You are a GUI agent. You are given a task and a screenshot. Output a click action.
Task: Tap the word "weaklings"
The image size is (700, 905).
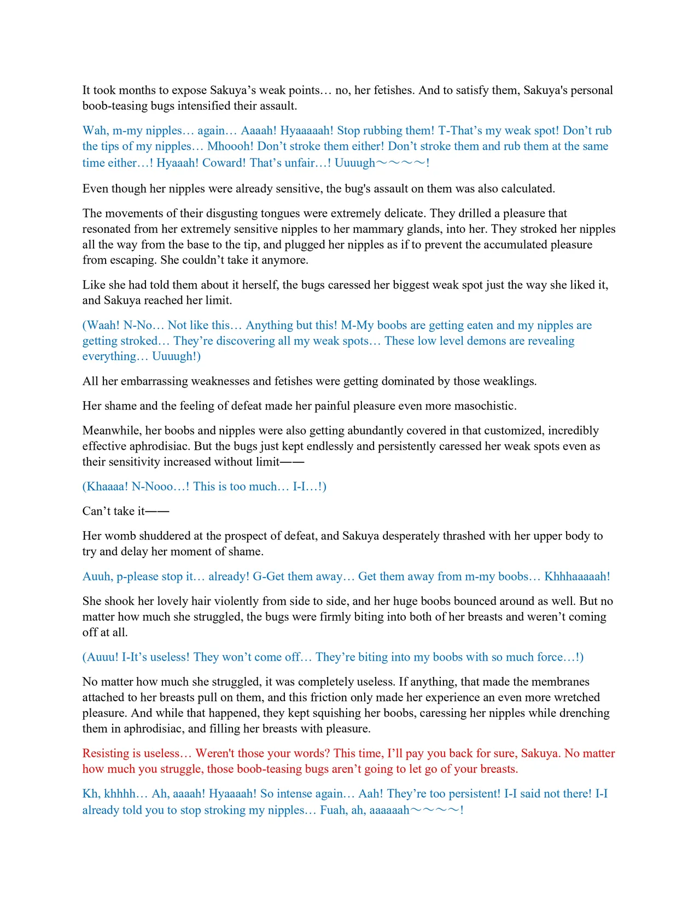509,381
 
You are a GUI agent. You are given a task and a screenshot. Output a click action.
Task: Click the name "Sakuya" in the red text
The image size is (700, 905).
540,754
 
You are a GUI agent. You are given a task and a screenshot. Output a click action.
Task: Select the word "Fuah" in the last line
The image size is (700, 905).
332,810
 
